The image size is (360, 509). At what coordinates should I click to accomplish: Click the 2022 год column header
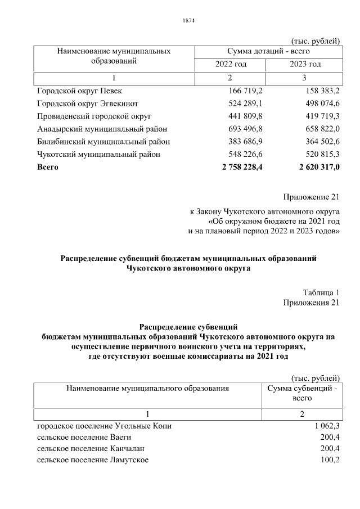tap(231, 65)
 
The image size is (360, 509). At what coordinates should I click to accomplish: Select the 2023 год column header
tap(305, 65)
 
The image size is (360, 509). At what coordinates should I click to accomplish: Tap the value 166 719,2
tap(246, 91)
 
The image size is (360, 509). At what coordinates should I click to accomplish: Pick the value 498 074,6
tap(319, 103)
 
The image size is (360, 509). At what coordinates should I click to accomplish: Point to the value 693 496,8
tap(246, 129)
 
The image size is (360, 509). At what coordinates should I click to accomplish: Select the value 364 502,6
tap(319, 142)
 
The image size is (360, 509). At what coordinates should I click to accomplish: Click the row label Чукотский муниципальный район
tap(98, 154)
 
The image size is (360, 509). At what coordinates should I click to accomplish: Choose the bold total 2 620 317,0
tap(313, 167)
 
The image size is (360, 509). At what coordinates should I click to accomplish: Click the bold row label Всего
tap(48, 167)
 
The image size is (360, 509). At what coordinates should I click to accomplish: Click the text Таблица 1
tap(321, 292)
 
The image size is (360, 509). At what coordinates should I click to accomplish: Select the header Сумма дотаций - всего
tap(268, 52)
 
